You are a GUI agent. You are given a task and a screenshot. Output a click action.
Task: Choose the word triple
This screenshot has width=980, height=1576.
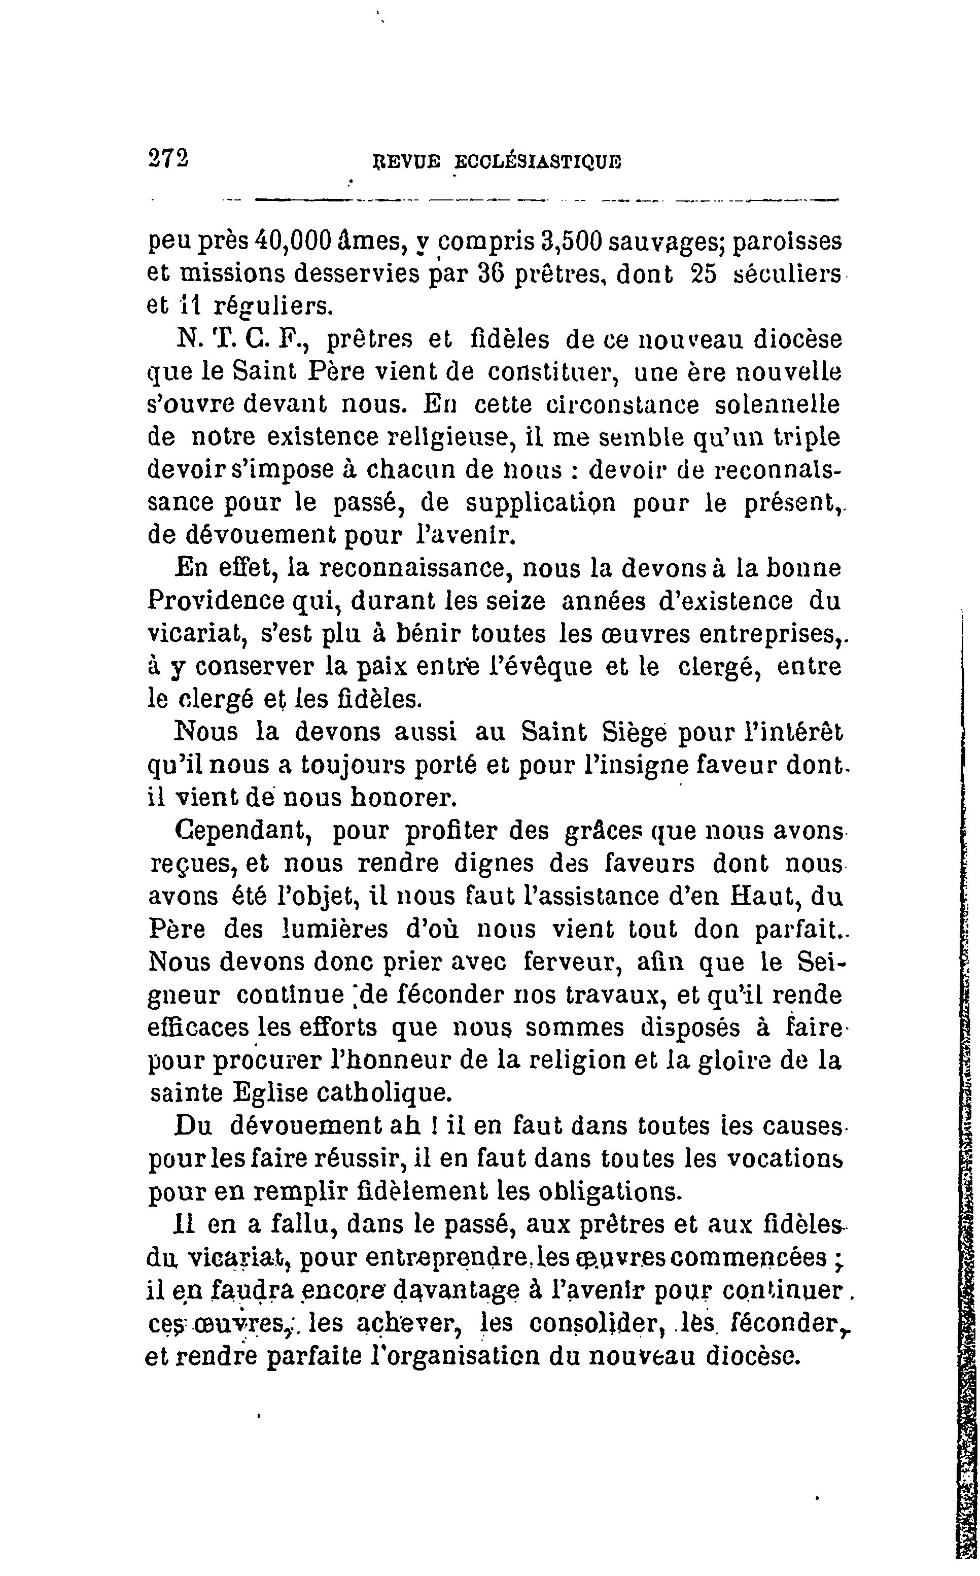[807, 437]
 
